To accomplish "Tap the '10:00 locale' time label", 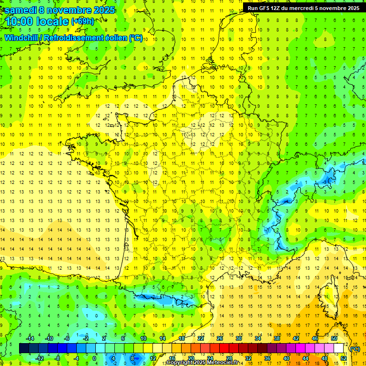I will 36,21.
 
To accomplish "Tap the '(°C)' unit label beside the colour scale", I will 355,349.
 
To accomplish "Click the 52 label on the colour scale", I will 344,358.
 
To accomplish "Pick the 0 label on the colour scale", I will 94,358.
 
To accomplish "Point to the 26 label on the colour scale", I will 220,338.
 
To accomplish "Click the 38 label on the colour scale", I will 277,338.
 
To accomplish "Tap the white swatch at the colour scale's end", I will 339,348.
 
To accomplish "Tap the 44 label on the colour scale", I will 305,358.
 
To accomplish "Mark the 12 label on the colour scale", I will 153,358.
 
